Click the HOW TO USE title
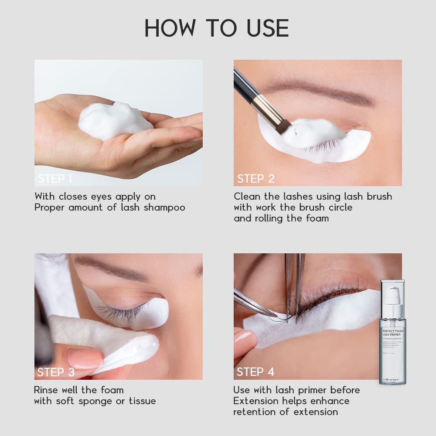217,28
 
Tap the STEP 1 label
55,179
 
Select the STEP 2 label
255,179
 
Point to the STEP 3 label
56,372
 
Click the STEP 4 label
255,372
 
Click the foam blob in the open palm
115,120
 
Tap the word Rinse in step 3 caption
47,390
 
